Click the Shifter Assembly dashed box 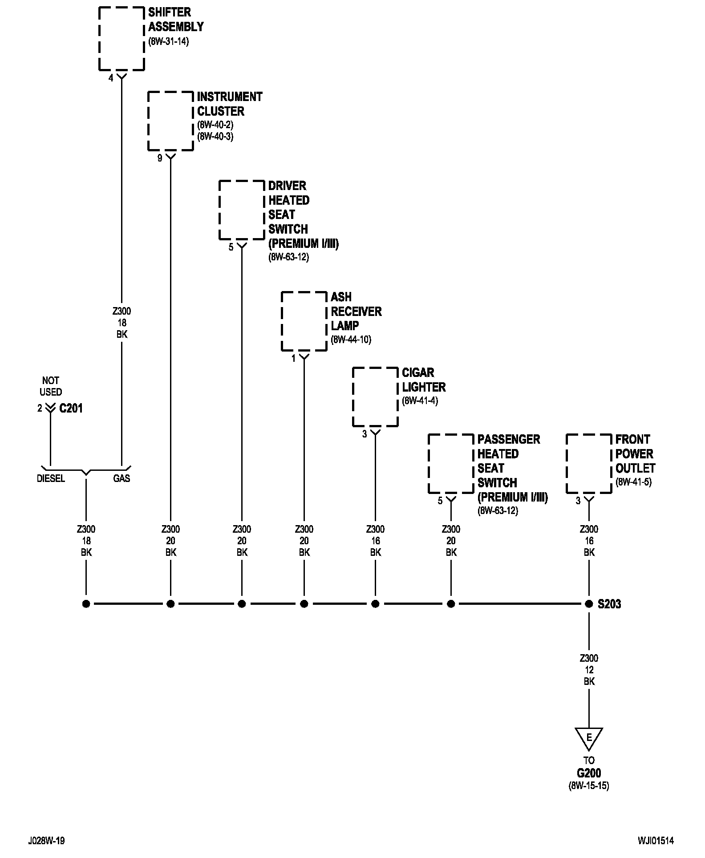pyautogui.click(x=99, y=39)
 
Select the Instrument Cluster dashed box pyautogui.click(x=148, y=121)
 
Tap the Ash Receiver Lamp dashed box pyautogui.click(x=281, y=321)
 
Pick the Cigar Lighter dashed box pyautogui.click(x=352, y=397)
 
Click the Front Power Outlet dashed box pyautogui.click(x=566, y=464)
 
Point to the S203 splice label pyautogui.click(x=609, y=604)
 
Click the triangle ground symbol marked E pyautogui.click(x=589, y=739)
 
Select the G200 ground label pyautogui.click(x=589, y=773)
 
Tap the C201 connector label pyautogui.click(x=71, y=408)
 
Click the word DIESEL pyautogui.click(x=51, y=478)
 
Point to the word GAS pyautogui.click(x=122, y=478)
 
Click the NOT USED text pyautogui.click(x=51, y=386)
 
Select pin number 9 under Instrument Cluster pyautogui.click(x=160, y=158)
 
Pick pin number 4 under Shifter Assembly pyautogui.click(x=111, y=78)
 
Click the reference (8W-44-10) pyautogui.click(x=351, y=340)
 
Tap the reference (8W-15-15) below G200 pyautogui.click(x=589, y=785)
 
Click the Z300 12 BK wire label pyautogui.click(x=589, y=670)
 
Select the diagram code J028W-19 pyautogui.click(x=47, y=841)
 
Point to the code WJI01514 pyautogui.click(x=655, y=841)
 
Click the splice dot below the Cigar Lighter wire pyautogui.click(x=375, y=604)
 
